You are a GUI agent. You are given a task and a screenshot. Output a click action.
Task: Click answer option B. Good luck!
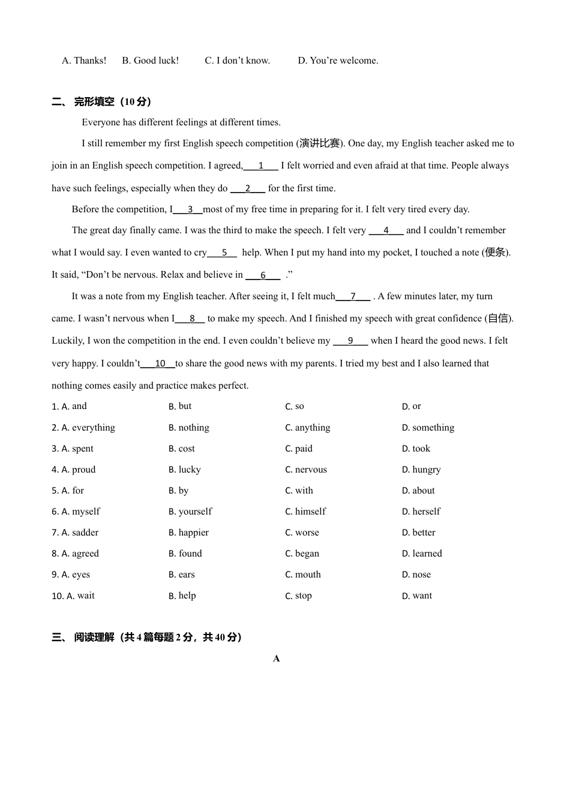150,61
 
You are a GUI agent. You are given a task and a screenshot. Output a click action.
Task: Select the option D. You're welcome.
338,61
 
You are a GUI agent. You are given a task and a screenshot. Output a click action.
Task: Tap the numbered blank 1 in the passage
261,166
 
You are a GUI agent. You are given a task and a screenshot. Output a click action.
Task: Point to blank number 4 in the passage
386,231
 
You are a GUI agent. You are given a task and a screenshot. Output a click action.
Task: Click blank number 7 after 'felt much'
353,297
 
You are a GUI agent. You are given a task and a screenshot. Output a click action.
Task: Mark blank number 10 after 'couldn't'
160,364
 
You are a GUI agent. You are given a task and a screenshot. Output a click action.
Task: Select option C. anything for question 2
307,428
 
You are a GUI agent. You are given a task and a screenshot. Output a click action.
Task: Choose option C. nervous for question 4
306,470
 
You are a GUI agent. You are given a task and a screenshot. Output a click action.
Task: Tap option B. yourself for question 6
190,512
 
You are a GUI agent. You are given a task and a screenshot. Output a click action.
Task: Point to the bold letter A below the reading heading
277,658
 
